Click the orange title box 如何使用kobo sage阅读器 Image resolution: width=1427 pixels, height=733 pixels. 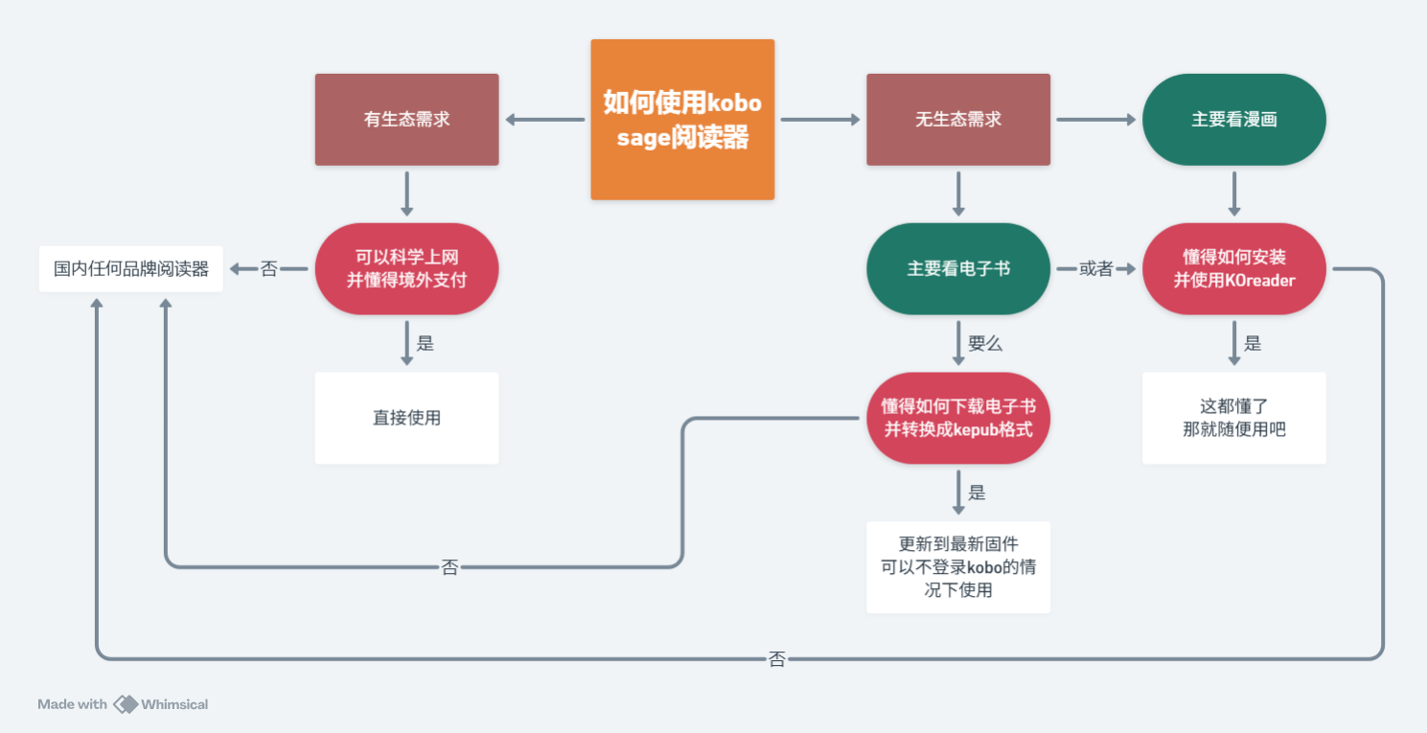coord(682,120)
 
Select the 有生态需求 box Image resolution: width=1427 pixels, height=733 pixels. coord(406,120)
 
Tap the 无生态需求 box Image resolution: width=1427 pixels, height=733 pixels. coord(958,120)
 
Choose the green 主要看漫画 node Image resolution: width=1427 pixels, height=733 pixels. coord(1233,120)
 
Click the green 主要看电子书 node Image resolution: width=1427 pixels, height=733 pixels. coord(958,269)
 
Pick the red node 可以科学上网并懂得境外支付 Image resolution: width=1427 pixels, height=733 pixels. coord(406,269)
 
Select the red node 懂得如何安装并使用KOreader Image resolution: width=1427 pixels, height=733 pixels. coord(1233,269)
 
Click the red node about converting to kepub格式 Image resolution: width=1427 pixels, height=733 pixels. coord(958,418)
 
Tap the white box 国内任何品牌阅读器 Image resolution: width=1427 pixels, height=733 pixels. coord(131,269)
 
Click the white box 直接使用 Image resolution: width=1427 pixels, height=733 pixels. coord(406,418)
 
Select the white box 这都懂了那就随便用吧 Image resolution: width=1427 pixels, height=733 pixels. coord(1233,418)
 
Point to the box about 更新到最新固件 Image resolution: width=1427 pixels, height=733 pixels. coord(958,567)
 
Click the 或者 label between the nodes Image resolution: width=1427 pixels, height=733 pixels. coord(1096,269)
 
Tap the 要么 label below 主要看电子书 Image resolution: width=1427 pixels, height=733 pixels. coord(985,344)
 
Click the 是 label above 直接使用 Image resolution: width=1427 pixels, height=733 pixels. coord(426,344)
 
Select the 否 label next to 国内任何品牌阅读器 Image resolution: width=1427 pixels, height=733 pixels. coord(269,269)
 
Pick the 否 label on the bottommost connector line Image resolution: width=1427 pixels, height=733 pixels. coord(777,659)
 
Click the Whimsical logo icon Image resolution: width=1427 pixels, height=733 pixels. coord(126,704)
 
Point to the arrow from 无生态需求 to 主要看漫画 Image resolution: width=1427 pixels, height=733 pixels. coord(1095,120)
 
